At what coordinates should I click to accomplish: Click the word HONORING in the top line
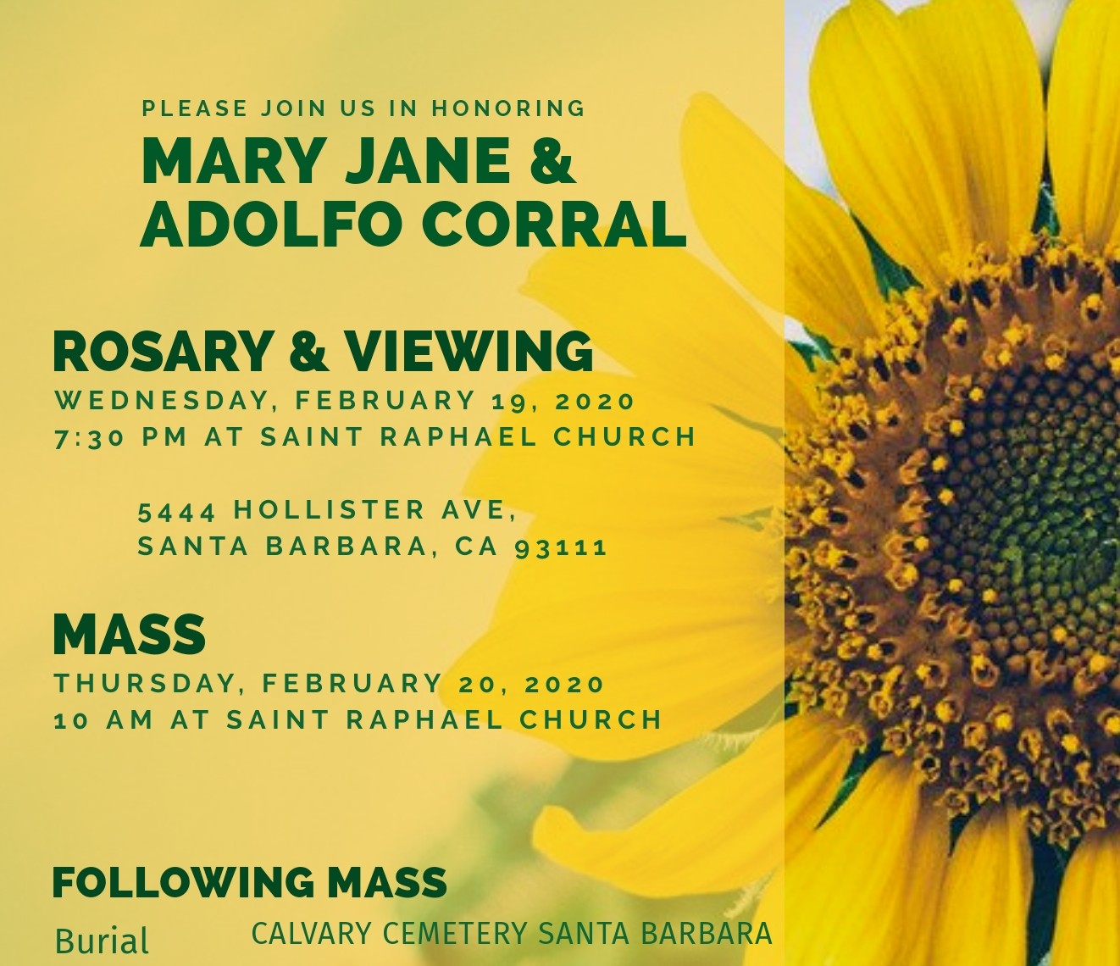[508, 108]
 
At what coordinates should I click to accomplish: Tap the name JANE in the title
[428, 160]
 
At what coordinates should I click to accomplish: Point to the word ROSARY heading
[161, 352]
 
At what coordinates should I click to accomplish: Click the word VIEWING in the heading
[469, 352]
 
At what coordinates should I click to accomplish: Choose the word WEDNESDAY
[162, 402]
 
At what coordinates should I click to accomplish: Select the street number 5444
[177, 511]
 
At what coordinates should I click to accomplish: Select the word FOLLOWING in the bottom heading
[183, 882]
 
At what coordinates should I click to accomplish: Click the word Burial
[102, 941]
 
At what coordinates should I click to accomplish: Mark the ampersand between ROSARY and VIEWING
[308, 352]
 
